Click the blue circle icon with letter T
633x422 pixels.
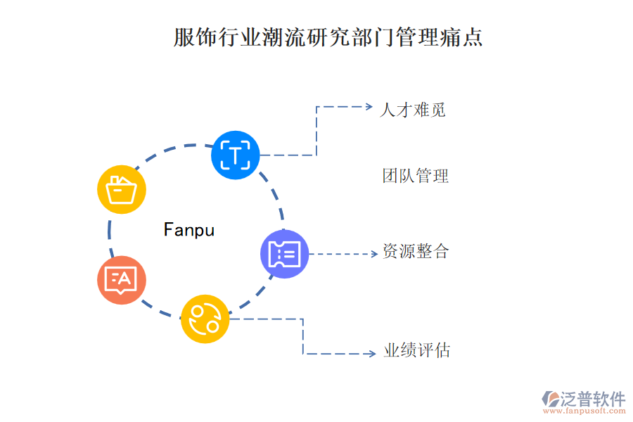(236, 155)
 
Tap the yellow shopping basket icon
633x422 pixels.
(121, 189)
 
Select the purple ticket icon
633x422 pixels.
(285, 254)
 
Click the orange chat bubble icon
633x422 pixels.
(121, 280)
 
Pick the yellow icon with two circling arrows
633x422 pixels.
(205, 319)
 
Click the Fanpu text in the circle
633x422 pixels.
(188, 229)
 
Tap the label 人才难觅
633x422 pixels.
(413, 110)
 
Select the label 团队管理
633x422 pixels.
(415, 176)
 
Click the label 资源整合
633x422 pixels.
(415, 251)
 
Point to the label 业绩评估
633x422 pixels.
(416, 350)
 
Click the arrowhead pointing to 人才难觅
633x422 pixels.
(368, 107)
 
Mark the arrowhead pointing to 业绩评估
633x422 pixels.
(372, 354)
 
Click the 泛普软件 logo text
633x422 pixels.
(592, 399)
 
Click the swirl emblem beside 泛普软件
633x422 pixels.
(549, 399)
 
